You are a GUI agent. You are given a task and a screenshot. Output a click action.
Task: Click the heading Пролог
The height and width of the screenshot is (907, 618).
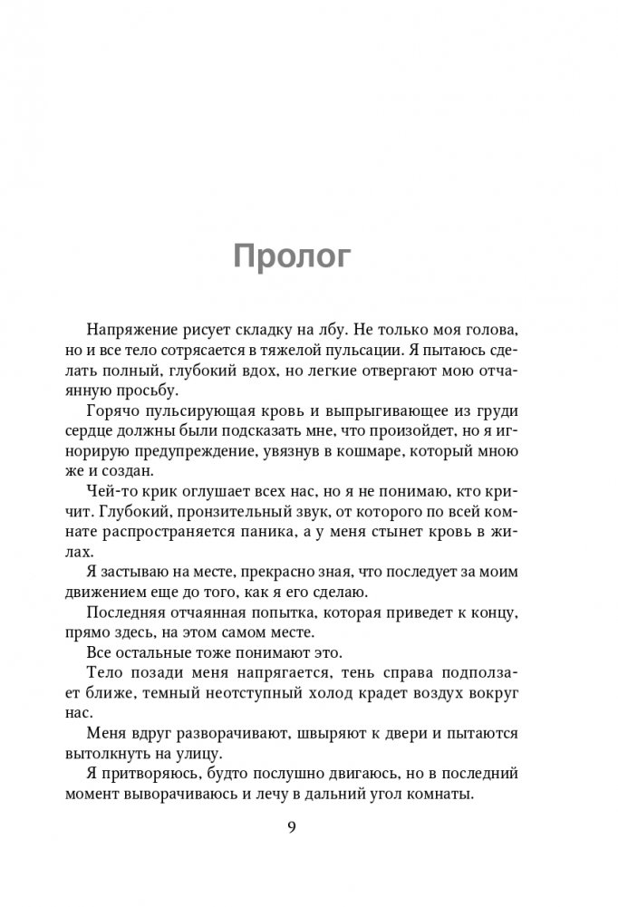click(x=292, y=256)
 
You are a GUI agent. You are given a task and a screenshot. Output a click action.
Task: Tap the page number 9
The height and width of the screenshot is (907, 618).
click(x=292, y=827)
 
